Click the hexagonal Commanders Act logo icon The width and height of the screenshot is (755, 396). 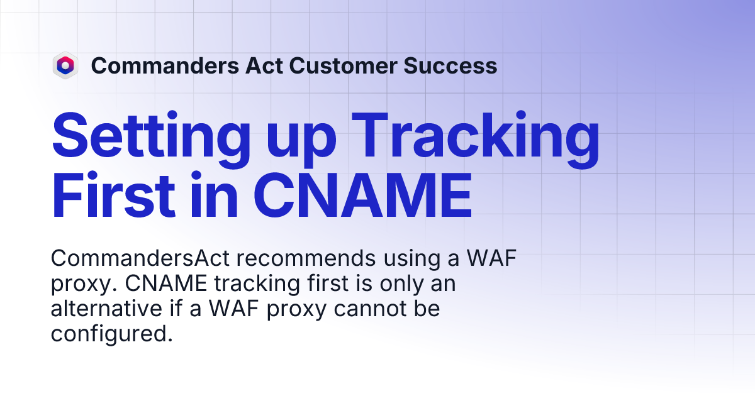pos(65,65)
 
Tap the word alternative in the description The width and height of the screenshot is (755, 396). pos(106,309)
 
